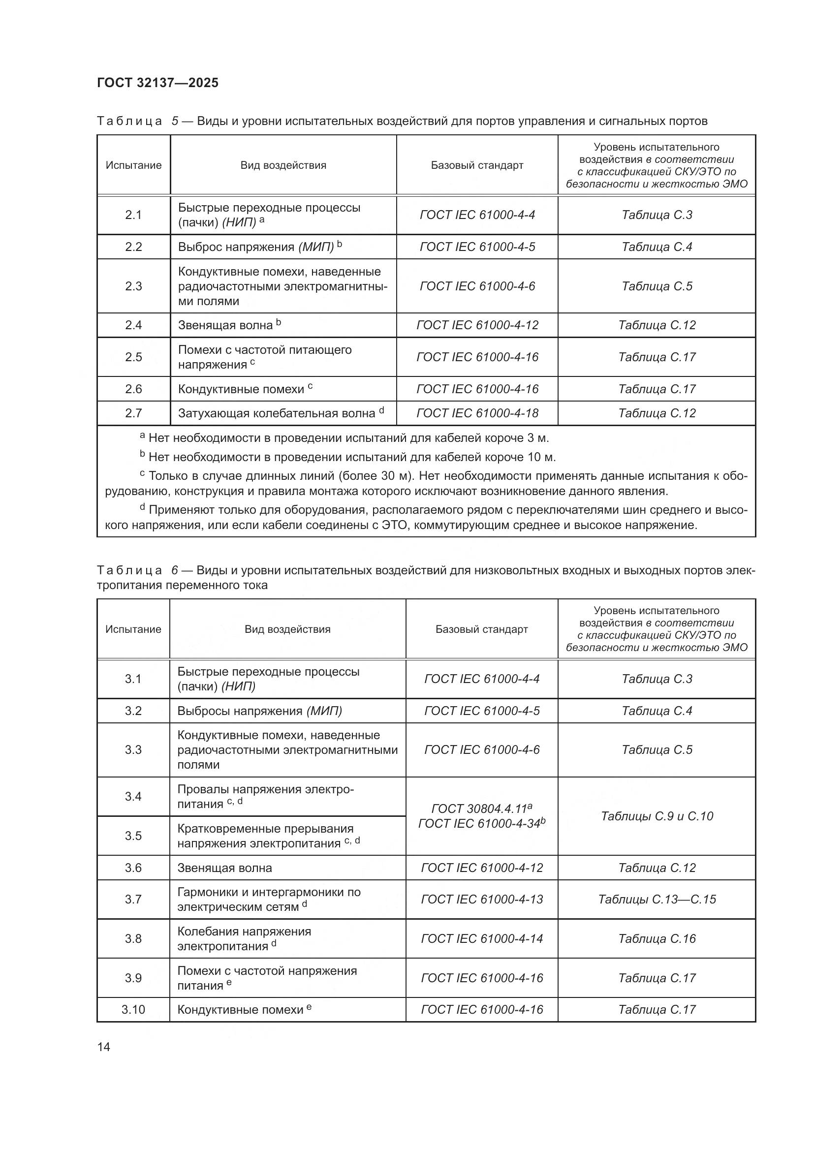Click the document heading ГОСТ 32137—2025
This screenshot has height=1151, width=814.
[x=157, y=83]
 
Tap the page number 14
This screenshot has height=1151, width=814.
[x=104, y=1047]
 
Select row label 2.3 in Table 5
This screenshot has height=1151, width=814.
[x=133, y=286]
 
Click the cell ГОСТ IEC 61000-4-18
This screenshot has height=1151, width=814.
[x=477, y=413]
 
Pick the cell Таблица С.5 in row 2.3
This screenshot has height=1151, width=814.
[x=657, y=286]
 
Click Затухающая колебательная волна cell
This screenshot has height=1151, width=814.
[x=281, y=413]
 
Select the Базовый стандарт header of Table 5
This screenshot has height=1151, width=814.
[x=477, y=165]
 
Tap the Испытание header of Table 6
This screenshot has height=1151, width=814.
[x=133, y=629]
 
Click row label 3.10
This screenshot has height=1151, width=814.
[x=133, y=1009]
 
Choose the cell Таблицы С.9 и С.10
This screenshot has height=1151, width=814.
[x=657, y=816]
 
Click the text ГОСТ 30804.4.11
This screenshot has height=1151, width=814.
[x=479, y=809]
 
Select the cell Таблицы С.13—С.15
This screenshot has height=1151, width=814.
[x=657, y=899]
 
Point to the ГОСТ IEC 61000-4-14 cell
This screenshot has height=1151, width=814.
[x=482, y=938]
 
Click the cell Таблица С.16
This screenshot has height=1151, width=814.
[x=657, y=938]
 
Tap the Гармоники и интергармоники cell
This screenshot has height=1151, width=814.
[x=269, y=899]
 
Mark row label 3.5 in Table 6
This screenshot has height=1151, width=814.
[x=133, y=836]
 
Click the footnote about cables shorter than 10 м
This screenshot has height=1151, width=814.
[x=351, y=457]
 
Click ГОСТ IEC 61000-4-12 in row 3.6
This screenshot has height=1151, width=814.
[x=482, y=868]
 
